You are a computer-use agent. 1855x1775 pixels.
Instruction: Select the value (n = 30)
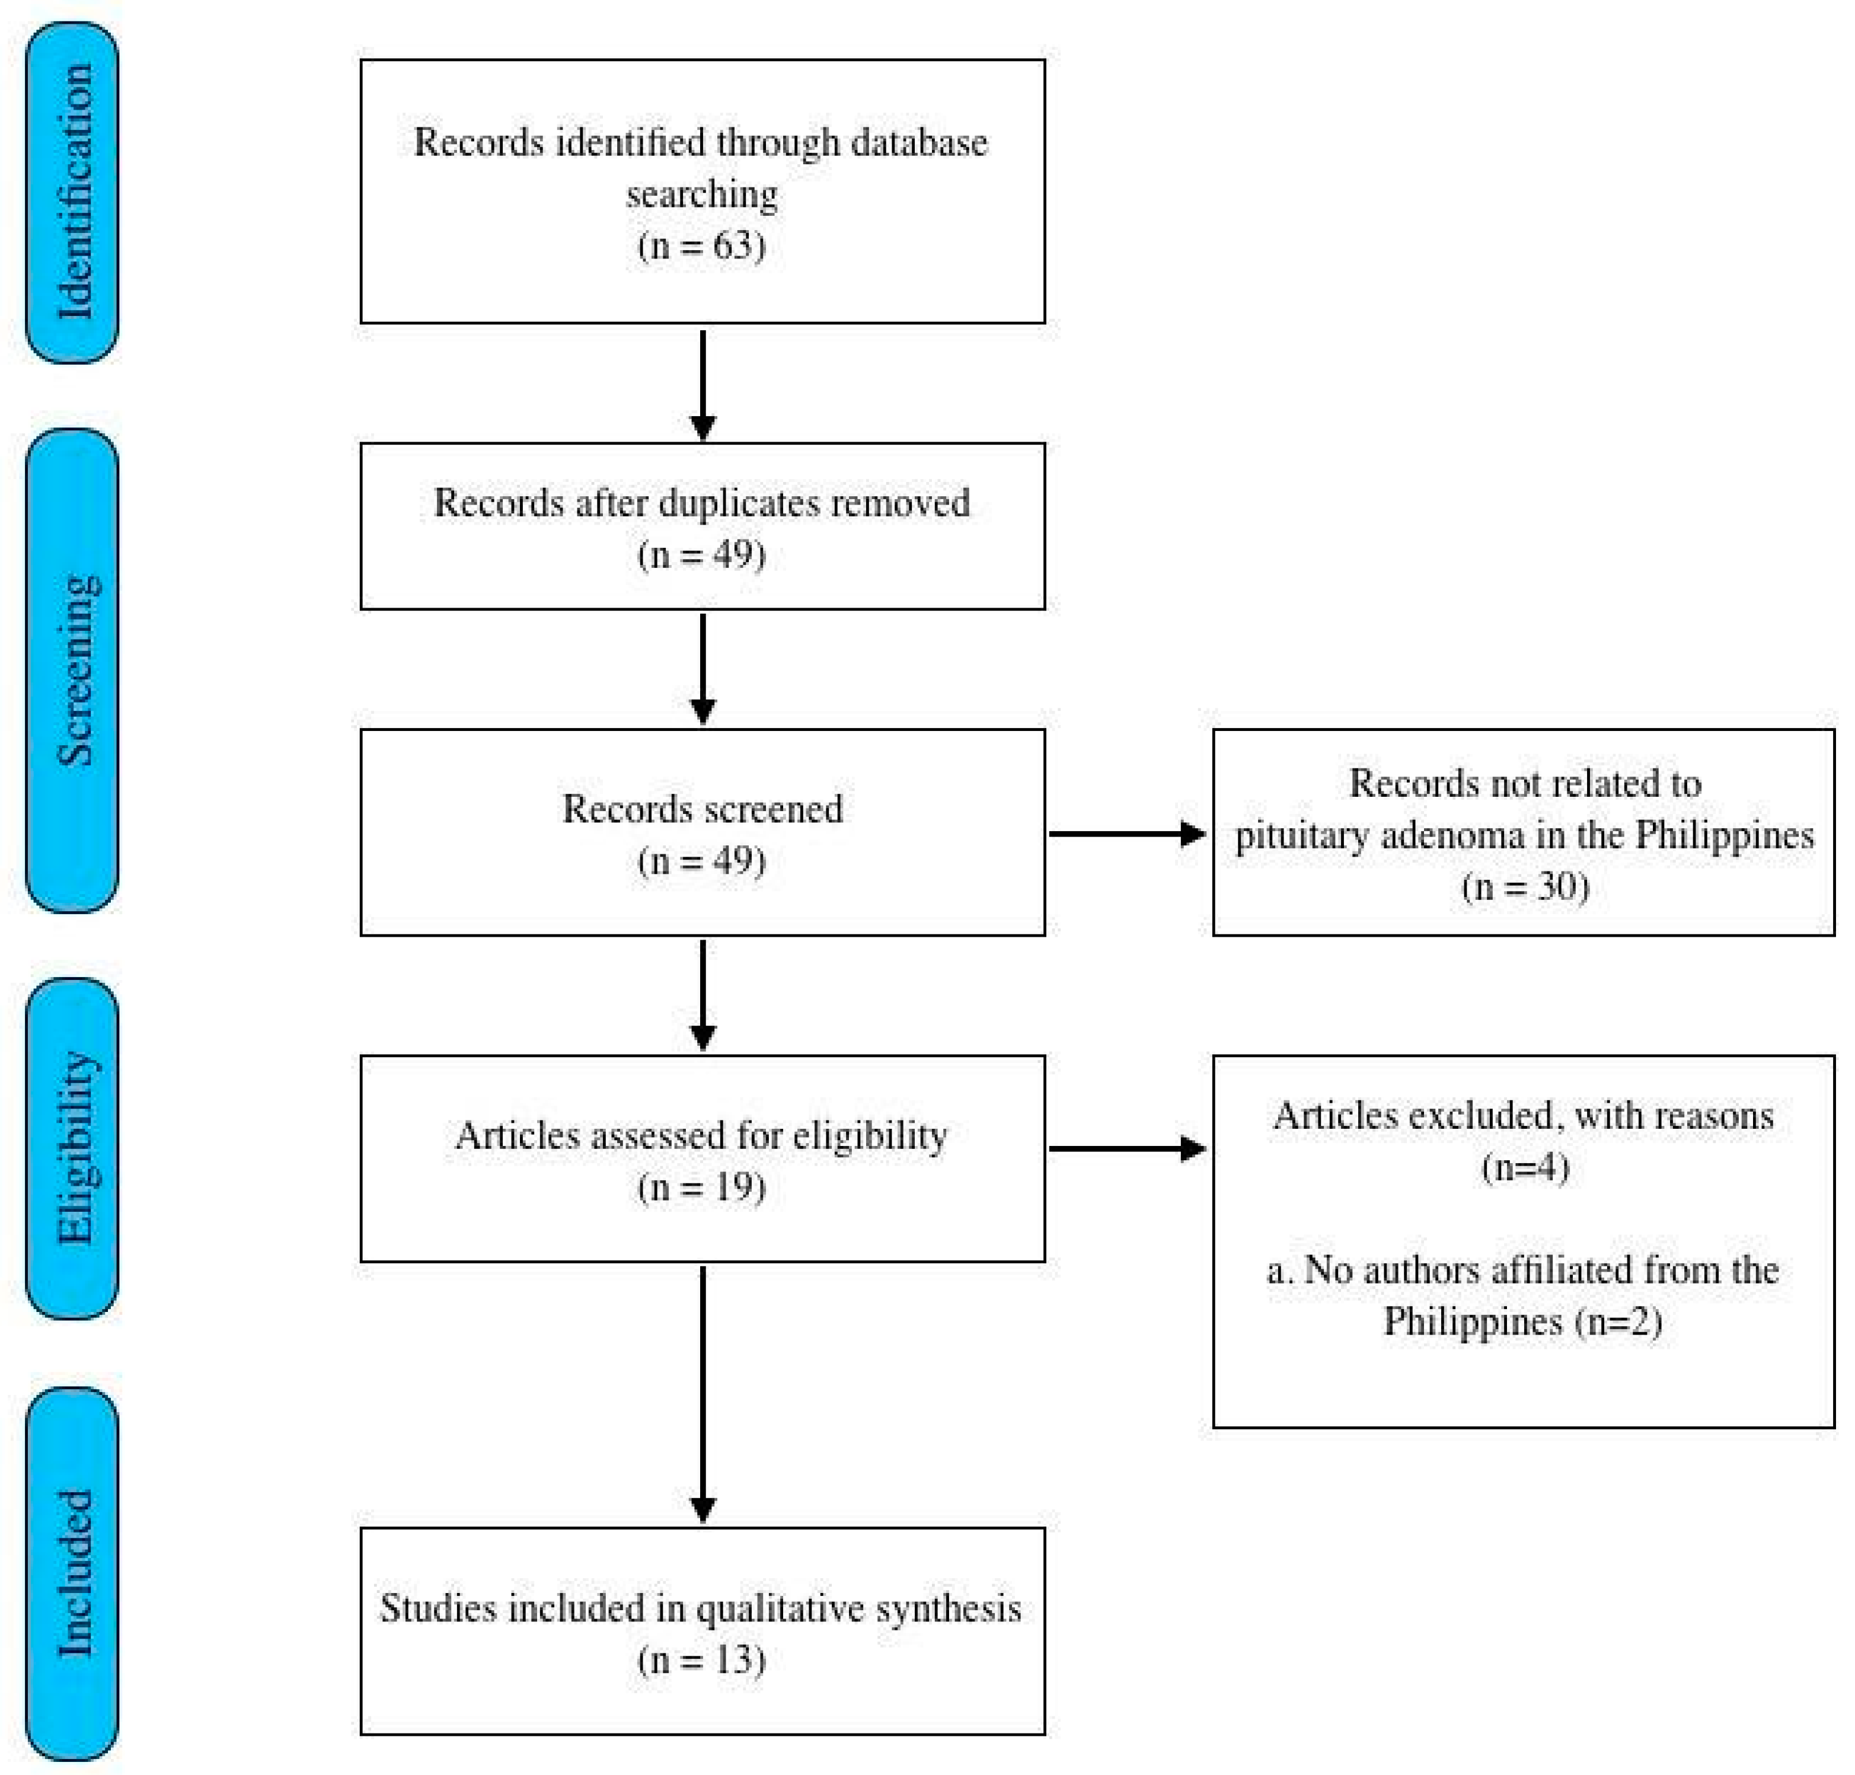1524,886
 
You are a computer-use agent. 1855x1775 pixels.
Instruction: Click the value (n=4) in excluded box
1524,1167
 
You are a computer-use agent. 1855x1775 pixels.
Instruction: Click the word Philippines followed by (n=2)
1472,1321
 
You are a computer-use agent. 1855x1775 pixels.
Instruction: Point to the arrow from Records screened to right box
1126,834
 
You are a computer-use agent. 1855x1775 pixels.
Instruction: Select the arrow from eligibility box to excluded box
1126,1148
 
